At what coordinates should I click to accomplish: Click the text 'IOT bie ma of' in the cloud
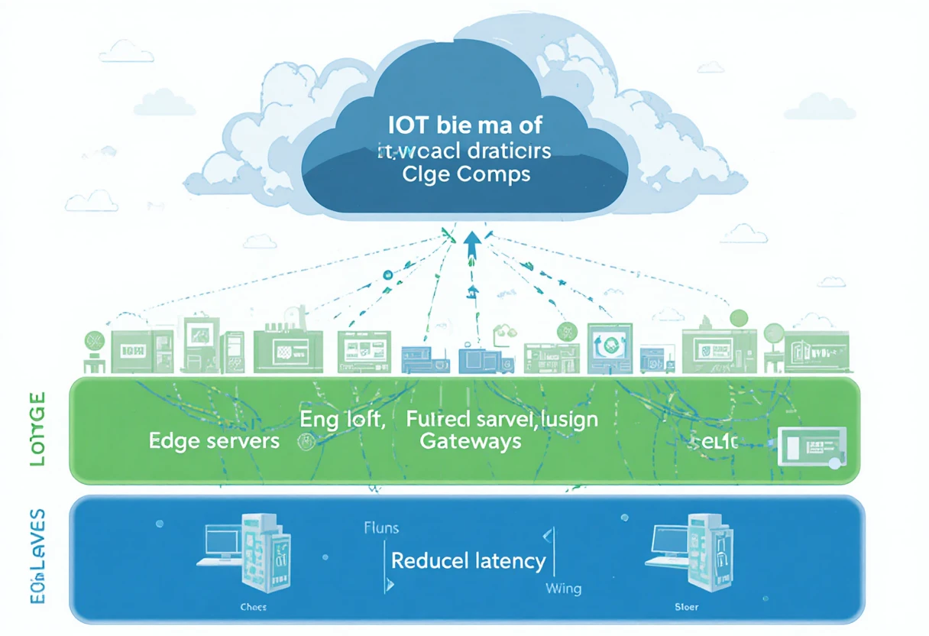465,124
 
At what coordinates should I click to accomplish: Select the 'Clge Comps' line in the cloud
465,174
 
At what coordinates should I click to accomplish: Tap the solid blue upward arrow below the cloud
472,247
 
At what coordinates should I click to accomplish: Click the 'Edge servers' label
214,441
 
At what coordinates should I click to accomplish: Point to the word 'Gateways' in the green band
471,441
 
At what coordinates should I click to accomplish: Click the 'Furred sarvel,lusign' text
502,418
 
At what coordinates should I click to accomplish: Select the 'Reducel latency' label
468,561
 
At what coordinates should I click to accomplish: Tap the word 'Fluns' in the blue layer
381,528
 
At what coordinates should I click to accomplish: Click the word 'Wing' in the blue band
563,589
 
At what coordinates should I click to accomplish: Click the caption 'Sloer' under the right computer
687,608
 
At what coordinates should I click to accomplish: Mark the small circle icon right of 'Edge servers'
309,441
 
